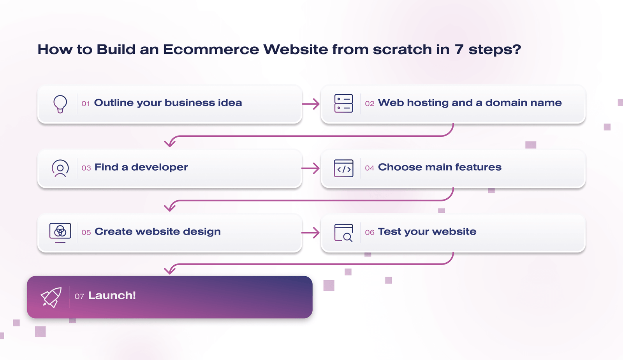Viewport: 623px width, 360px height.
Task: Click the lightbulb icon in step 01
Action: tap(60, 104)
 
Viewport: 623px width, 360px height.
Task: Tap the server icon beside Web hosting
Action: tap(343, 104)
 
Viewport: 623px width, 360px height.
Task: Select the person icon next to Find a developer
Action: tap(60, 168)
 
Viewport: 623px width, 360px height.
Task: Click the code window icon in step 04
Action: tap(343, 168)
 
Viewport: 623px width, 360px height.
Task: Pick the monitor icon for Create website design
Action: tap(60, 233)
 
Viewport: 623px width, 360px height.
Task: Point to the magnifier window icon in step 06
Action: tap(343, 233)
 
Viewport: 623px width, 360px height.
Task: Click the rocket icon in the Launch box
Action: tap(51, 297)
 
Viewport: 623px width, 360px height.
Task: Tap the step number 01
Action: tap(85, 104)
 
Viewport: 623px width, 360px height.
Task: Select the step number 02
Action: tap(370, 104)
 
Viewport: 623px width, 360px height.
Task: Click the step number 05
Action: tap(86, 233)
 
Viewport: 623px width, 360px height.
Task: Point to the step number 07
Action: tap(79, 296)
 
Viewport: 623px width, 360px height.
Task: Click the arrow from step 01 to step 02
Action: tap(311, 104)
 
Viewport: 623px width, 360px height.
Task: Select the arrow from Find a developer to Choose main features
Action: tap(310, 168)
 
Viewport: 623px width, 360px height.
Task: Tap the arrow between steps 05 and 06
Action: tap(310, 233)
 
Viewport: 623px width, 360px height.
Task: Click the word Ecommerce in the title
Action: tap(211, 49)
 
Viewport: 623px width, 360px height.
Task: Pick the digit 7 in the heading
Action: tap(459, 49)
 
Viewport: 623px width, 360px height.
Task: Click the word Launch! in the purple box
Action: tap(112, 295)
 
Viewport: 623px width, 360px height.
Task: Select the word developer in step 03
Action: tap(159, 167)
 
